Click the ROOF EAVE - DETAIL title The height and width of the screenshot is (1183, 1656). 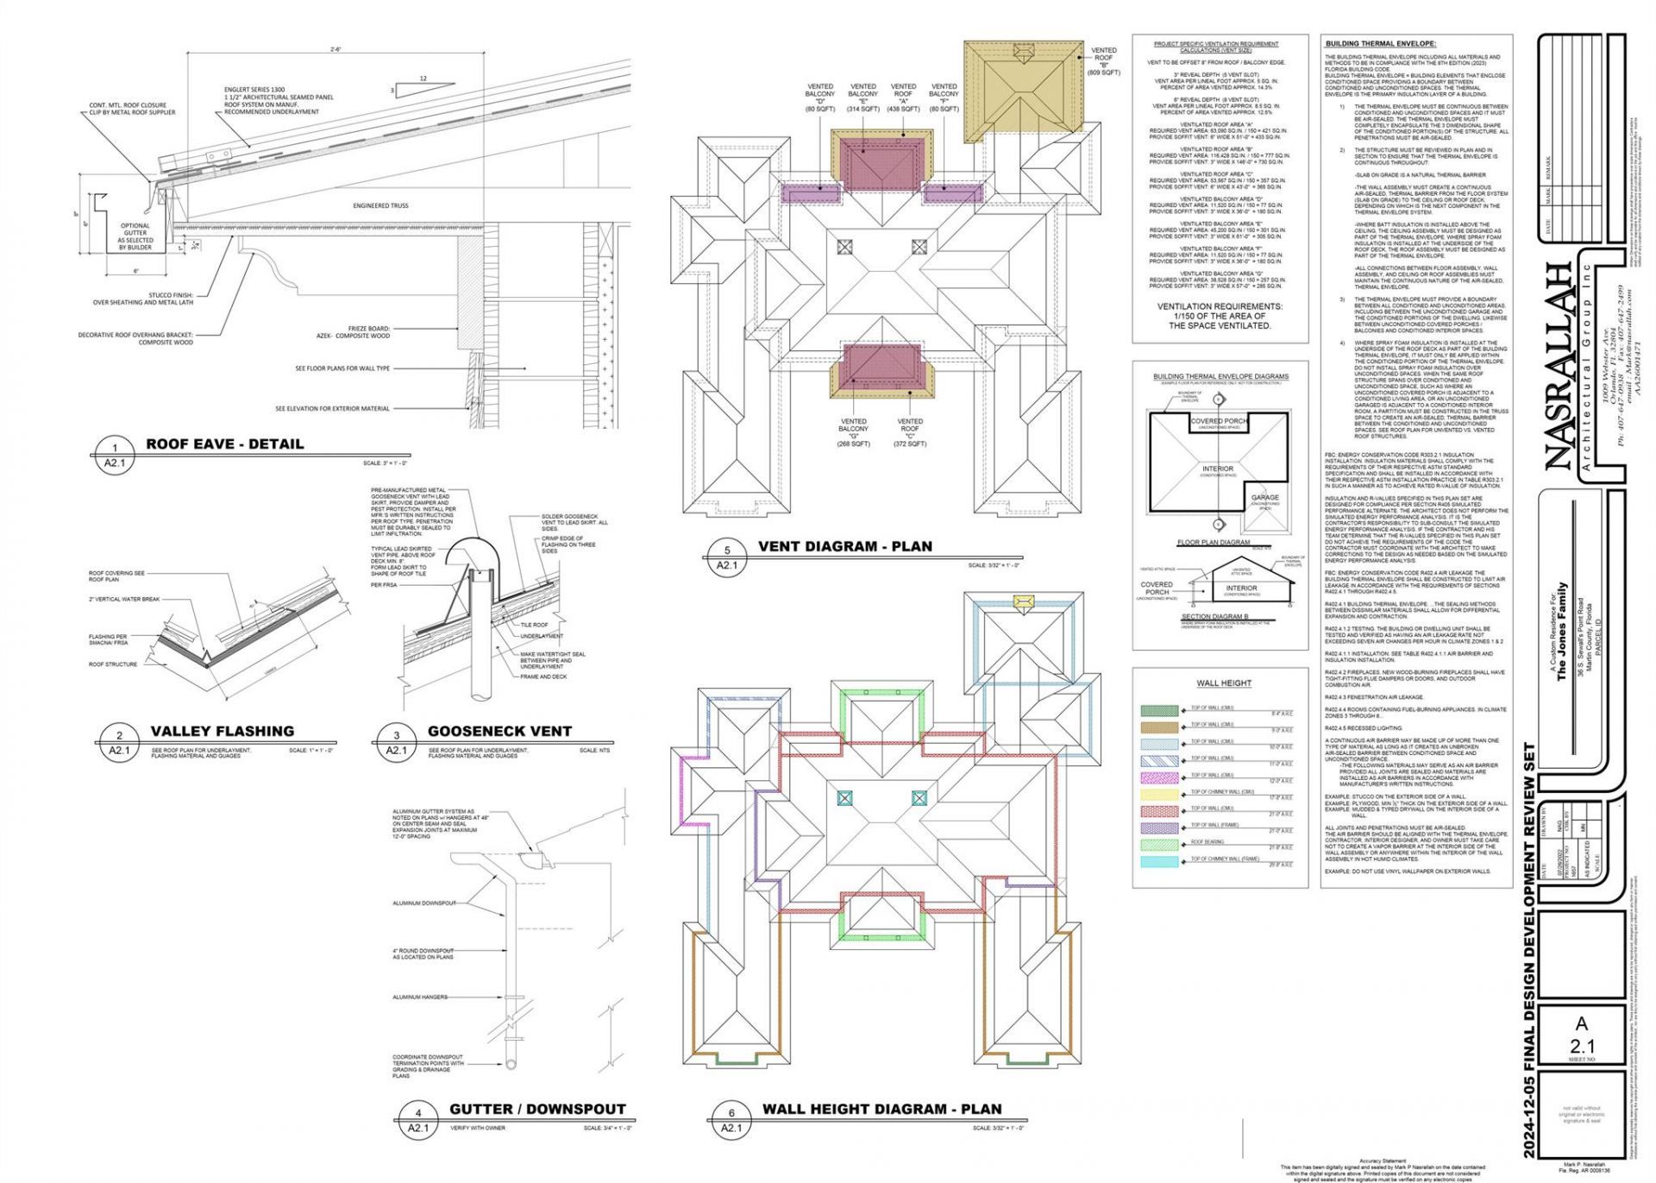coord(224,444)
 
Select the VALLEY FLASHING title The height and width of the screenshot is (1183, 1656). coord(222,731)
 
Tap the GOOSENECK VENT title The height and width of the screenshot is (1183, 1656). coord(499,731)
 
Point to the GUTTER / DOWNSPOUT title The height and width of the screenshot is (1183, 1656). coord(537,1109)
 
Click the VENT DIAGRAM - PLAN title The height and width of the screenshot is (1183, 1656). coord(844,546)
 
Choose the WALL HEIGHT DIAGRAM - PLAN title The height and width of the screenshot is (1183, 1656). coord(881,1109)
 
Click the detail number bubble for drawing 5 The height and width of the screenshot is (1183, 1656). coord(727,550)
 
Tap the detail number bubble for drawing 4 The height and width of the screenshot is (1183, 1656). coord(418,1113)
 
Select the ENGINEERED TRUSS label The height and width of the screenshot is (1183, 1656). coord(380,205)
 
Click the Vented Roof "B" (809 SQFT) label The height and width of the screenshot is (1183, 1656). coord(1103,61)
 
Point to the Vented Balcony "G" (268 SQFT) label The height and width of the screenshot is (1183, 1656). coord(853,432)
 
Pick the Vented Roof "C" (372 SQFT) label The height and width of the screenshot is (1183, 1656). coord(909,432)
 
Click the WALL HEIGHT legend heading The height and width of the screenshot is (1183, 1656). coord(1223,683)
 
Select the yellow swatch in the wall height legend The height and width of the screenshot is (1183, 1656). coord(1159,794)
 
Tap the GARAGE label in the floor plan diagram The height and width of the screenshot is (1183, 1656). coord(1264,498)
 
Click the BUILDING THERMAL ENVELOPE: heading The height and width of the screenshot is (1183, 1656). coord(1380,43)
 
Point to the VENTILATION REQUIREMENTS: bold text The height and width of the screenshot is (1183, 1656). coord(1219,306)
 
